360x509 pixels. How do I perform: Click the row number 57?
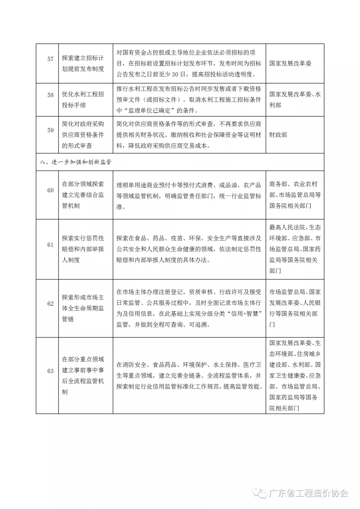click(50, 59)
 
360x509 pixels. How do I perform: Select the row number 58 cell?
click(50, 95)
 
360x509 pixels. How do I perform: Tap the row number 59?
click(50, 130)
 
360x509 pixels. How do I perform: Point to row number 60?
click(50, 190)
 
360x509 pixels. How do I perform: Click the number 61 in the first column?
click(50, 245)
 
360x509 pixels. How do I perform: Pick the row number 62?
click(50, 304)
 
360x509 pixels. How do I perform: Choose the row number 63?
click(50, 371)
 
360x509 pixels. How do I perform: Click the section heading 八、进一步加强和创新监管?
click(75, 162)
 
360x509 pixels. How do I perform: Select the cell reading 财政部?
click(278, 135)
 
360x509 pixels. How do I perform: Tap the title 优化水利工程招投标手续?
click(83, 100)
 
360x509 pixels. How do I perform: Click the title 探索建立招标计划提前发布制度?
click(83, 63)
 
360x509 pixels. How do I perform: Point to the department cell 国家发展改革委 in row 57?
click(290, 63)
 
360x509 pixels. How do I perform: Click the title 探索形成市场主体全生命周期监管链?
click(83, 308)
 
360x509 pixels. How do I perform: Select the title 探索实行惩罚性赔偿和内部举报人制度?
click(83, 249)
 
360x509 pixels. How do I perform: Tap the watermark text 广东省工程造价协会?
click(308, 493)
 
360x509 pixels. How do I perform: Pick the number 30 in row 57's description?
click(175, 74)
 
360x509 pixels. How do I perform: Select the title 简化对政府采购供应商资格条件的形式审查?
click(83, 135)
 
